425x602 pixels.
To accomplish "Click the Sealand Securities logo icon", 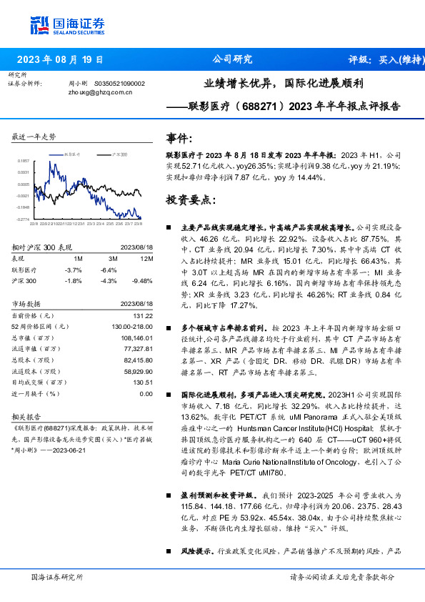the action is [x=40, y=26].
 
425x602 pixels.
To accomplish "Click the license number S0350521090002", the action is [x=119, y=83].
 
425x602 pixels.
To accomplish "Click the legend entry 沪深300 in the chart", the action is [x=120, y=154].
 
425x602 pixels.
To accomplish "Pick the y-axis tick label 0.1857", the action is [x=24, y=162].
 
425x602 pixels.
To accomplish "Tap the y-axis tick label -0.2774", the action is [x=24, y=219].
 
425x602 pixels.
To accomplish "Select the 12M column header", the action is [x=147, y=258].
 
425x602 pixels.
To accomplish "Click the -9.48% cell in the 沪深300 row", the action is [x=143, y=281].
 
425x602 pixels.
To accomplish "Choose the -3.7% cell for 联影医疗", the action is [x=74, y=270].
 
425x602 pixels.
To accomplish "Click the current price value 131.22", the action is [x=144, y=315].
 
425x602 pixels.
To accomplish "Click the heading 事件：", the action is [x=179, y=138].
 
